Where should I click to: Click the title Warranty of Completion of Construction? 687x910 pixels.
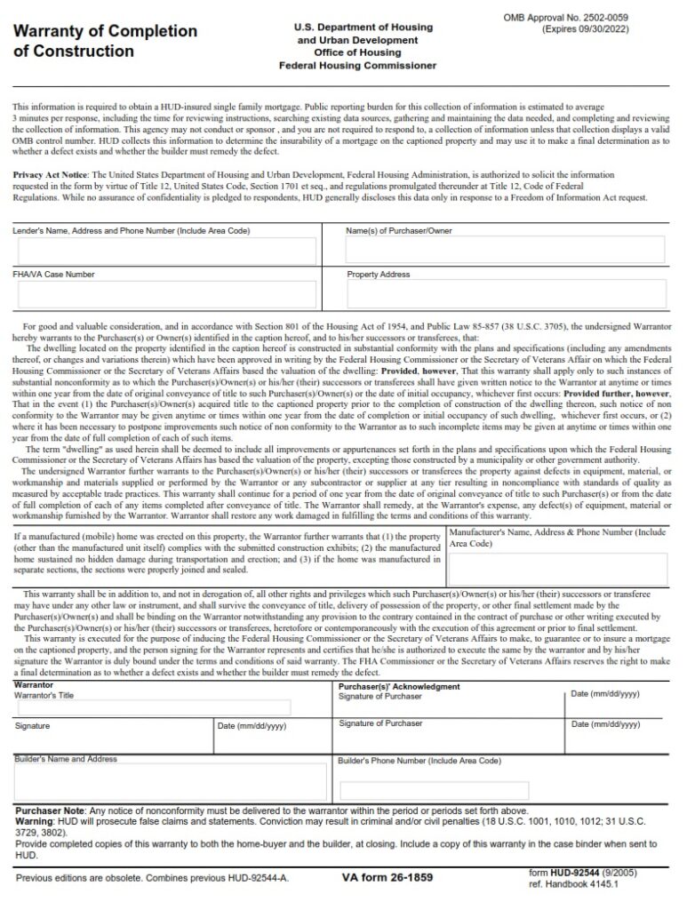pyautogui.click(x=105, y=41)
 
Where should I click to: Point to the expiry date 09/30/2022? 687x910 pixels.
pyautogui.click(x=605, y=29)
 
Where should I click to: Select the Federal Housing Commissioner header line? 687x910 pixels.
pyautogui.click(x=357, y=66)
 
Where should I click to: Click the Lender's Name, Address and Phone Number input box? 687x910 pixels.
pyautogui.click(x=165, y=251)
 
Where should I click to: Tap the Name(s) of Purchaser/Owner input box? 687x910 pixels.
pyautogui.click(x=506, y=251)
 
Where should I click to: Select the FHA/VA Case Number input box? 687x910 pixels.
pyautogui.click(x=165, y=294)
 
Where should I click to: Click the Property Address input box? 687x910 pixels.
pyautogui.click(x=506, y=294)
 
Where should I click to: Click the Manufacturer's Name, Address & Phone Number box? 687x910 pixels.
pyautogui.click(x=557, y=570)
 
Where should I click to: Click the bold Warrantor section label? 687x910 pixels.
pyautogui.click(x=34, y=686)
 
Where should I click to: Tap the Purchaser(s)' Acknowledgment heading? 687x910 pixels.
pyautogui.click(x=399, y=686)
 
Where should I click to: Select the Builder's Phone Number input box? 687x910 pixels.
pyautogui.click(x=434, y=789)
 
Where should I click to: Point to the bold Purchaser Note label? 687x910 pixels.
pyautogui.click(x=50, y=811)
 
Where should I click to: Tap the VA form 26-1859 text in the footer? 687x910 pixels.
pyautogui.click(x=387, y=877)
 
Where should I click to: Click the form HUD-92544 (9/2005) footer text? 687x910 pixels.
pyautogui.click(x=581, y=873)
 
